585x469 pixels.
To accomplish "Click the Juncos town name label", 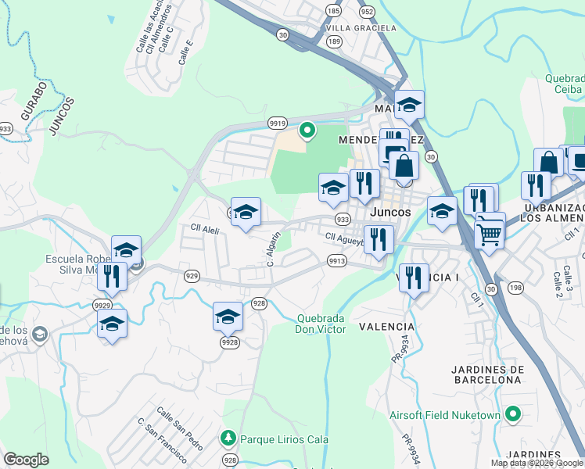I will point(390,212).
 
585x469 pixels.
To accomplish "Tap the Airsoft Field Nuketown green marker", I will point(513,414).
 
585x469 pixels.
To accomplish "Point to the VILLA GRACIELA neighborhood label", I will point(361,28).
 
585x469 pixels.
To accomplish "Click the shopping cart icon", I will point(489,231).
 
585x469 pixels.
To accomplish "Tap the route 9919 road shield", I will point(277,123).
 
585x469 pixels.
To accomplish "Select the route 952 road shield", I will point(366,12).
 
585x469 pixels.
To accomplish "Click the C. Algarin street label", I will point(272,249).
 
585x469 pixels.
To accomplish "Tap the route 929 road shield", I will point(191,275).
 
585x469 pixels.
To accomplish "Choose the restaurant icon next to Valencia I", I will point(414,277).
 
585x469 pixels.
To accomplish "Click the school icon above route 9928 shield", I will point(228,316).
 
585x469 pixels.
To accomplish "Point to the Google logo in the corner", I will point(26,460).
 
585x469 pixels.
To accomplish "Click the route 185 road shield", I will point(334,11).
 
